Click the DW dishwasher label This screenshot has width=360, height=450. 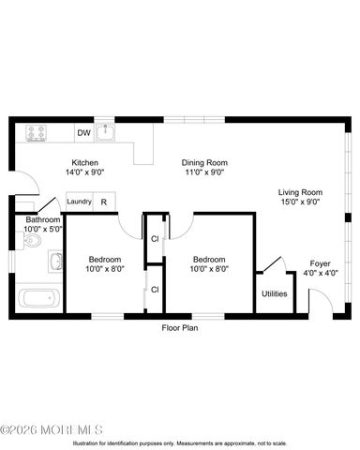(x=82, y=132)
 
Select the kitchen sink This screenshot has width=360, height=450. (x=107, y=132)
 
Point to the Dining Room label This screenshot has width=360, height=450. (x=204, y=162)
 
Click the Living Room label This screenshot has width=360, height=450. (x=299, y=192)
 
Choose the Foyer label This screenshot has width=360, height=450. (x=320, y=263)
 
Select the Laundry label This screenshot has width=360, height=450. (x=80, y=201)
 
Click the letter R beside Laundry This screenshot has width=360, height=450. (x=103, y=201)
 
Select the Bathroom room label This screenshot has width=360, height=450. (x=43, y=219)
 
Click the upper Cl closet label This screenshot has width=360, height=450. (x=154, y=239)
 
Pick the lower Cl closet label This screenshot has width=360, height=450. (x=154, y=289)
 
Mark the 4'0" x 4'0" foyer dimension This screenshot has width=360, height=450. (x=320, y=274)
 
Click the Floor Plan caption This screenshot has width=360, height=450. (x=179, y=328)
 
